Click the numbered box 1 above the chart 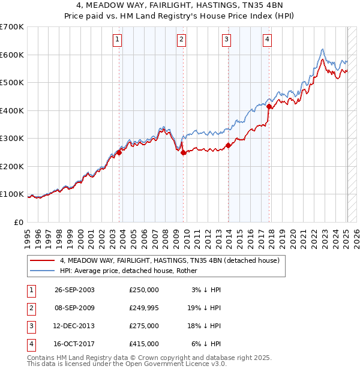coord(117,40)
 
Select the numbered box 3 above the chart coord(226,40)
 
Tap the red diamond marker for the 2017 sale coord(269,107)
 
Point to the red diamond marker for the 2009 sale coord(183,152)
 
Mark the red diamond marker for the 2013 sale coord(228,145)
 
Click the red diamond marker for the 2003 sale coord(119,152)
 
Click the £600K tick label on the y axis coord(11,55)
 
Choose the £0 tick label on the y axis coord(19,222)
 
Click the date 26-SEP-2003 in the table coord(74,290)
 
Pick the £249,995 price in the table coord(143,308)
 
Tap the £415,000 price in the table coord(143,344)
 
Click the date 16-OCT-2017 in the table coord(74,344)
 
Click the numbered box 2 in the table coord(30,308)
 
